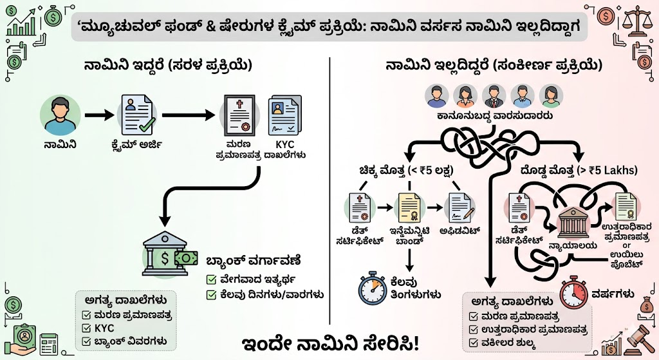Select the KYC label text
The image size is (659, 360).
(x=285, y=145)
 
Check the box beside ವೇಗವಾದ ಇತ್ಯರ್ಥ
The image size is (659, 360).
(x=210, y=280)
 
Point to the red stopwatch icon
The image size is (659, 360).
(x=573, y=294)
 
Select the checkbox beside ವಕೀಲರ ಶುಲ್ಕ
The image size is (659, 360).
(x=474, y=342)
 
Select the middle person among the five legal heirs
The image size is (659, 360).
(x=493, y=96)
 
